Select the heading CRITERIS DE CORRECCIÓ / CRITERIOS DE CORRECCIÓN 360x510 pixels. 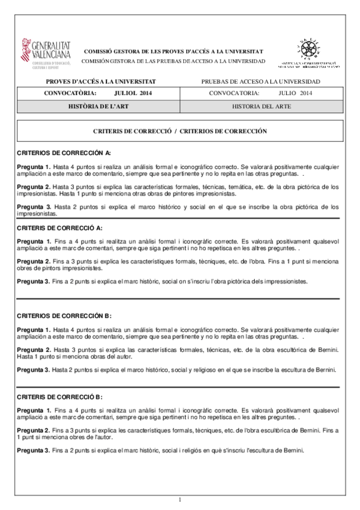click(180, 131)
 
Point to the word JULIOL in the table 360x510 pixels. click(125, 93)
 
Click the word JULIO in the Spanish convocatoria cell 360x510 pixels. click(288, 93)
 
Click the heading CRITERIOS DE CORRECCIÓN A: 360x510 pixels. click(64, 153)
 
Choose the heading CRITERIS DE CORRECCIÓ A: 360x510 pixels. click(59, 228)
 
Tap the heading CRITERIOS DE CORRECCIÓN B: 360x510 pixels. click(64, 316)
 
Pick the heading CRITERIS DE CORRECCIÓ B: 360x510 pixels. click(59, 397)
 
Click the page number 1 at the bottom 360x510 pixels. click(180, 499)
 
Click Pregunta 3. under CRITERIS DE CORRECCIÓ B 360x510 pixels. click(33, 450)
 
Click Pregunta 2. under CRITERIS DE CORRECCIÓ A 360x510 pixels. click(33, 262)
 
